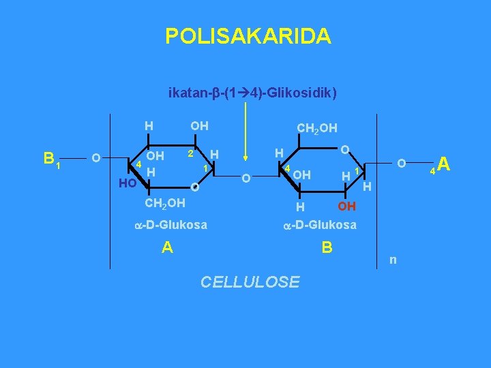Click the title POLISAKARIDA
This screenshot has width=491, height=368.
point(248,35)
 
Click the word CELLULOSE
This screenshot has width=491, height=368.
point(250,281)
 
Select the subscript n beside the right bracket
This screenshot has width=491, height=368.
point(392,260)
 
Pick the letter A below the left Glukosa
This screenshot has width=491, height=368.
point(167,247)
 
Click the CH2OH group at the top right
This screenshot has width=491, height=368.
point(317,127)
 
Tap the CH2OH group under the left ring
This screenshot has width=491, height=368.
point(166,202)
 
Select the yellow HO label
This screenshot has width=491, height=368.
point(127,183)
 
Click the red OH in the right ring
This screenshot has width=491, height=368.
point(346,206)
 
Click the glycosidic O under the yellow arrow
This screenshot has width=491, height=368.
point(246,179)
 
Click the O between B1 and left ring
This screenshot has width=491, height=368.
point(96,159)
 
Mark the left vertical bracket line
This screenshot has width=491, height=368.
point(112,191)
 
